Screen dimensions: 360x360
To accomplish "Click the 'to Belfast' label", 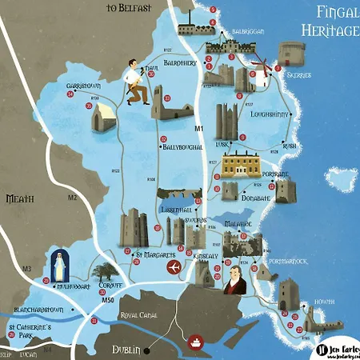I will click(x=130, y=9).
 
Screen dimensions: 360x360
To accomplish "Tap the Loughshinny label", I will click(x=274, y=114).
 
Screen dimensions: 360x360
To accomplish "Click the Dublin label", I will click(x=126, y=350).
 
